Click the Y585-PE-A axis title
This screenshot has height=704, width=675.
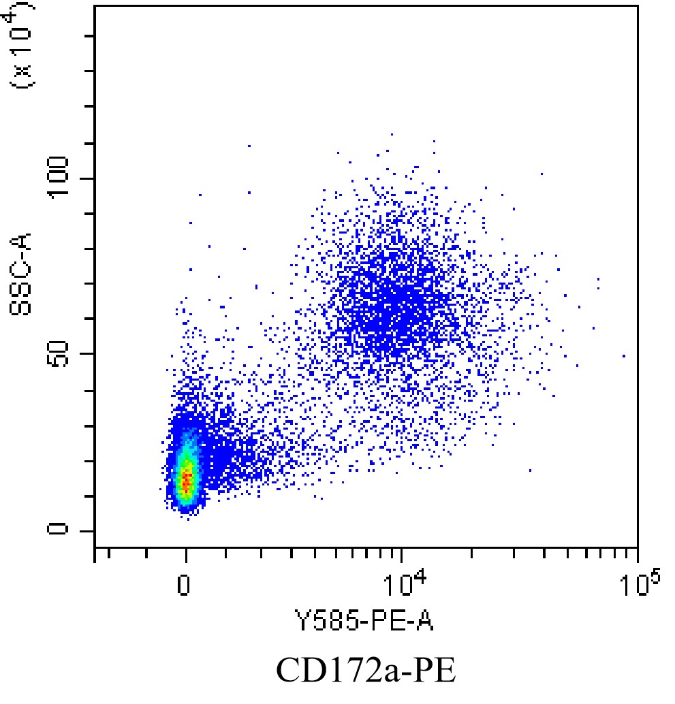click(363, 620)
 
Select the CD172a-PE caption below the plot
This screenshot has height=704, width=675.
click(365, 671)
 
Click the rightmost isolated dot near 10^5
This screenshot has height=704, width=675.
click(623, 355)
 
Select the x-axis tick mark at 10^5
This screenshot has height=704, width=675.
click(637, 554)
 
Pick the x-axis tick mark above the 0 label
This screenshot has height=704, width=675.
click(185, 554)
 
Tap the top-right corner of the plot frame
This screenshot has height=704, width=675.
click(637, 6)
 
